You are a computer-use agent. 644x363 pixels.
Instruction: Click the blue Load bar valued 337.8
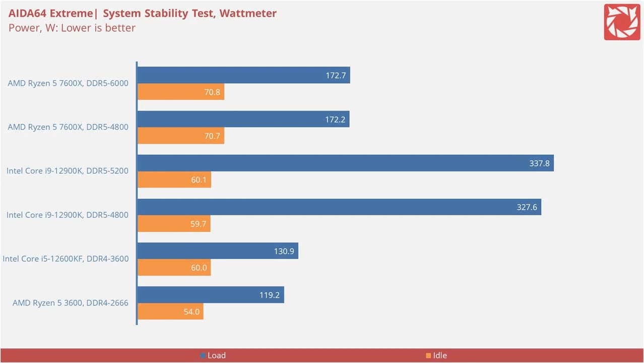coord(345,163)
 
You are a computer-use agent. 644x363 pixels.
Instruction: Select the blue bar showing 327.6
coord(339,207)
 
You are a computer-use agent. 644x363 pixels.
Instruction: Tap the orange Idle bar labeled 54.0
coord(170,312)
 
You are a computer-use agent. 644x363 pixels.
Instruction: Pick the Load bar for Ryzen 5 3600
coord(211,295)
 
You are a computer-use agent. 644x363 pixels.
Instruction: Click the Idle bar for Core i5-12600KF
coord(174,268)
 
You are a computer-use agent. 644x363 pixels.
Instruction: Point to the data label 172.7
coord(336,76)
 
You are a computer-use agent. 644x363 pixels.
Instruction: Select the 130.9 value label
coord(284,251)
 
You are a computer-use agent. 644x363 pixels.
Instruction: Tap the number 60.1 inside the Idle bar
coord(199,179)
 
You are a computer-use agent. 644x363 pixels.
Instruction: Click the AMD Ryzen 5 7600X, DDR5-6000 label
coord(68,83)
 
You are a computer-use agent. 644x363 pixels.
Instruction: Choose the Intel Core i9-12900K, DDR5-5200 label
coord(68,171)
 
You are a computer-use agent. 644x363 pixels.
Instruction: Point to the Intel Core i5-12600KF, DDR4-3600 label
coord(66,259)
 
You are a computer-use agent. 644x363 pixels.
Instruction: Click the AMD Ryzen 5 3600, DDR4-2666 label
coord(71,303)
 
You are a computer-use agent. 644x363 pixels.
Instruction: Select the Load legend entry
coord(213,355)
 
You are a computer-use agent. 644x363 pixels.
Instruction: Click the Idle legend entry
coord(436,355)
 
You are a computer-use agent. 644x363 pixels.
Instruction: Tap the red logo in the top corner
coord(622,22)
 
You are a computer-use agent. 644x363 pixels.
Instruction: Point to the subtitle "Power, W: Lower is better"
coord(72,28)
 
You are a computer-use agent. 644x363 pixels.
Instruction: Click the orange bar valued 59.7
coord(174,223)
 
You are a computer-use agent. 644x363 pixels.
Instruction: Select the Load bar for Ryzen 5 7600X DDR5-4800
coord(243,119)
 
